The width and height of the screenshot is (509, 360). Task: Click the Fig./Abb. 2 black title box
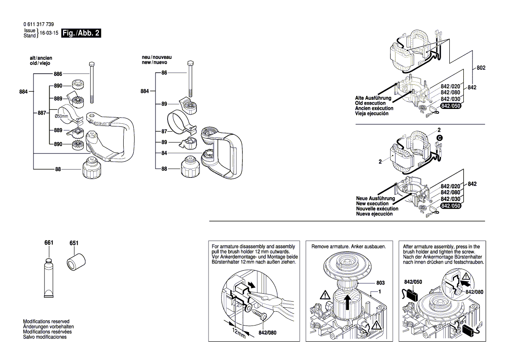pyautogui.click(x=81, y=34)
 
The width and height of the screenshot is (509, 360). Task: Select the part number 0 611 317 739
pyautogui.click(x=39, y=24)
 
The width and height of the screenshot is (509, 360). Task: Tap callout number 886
pyautogui.click(x=58, y=74)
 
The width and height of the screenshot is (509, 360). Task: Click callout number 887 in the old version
pyautogui.click(x=41, y=113)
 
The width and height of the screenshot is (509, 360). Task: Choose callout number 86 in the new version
pyautogui.click(x=164, y=73)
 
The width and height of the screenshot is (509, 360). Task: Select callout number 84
pyautogui.click(x=164, y=153)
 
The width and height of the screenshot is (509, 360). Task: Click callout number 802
pyautogui.click(x=481, y=68)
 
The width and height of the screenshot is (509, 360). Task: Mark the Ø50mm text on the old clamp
pyautogui.click(x=61, y=116)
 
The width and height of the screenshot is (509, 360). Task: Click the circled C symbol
pyautogui.click(x=439, y=138)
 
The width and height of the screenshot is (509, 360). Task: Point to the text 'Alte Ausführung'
pyautogui.click(x=374, y=98)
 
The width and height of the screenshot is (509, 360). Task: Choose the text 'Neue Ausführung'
pyautogui.click(x=375, y=198)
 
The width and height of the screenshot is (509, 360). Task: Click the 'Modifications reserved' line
pyautogui.click(x=46, y=321)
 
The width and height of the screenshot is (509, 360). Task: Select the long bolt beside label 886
pyautogui.click(x=92, y=82)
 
